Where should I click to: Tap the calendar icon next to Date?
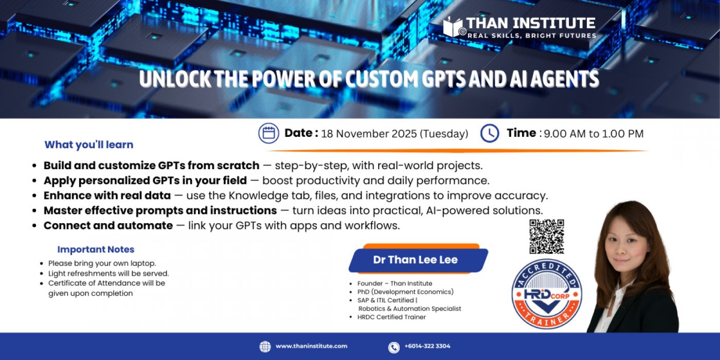(268, 133)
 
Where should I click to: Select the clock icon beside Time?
(490, 133)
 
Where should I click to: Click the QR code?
(547, 237)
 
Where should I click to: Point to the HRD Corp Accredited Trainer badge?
(547, 294)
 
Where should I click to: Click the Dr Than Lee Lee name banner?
(416, 260)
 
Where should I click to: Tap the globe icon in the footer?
(265, 347)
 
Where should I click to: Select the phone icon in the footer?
(393, 347)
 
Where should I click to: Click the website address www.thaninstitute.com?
(311, 346)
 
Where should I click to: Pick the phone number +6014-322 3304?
(427, 346)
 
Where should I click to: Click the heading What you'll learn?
(89, 145)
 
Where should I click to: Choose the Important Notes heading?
(96, 249)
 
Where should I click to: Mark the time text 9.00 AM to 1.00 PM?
(593, 134)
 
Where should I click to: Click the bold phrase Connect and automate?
(108, 225)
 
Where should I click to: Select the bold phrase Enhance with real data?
(107, 195)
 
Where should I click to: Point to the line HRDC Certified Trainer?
(391, 317)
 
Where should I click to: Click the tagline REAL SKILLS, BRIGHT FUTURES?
(532, 35)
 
